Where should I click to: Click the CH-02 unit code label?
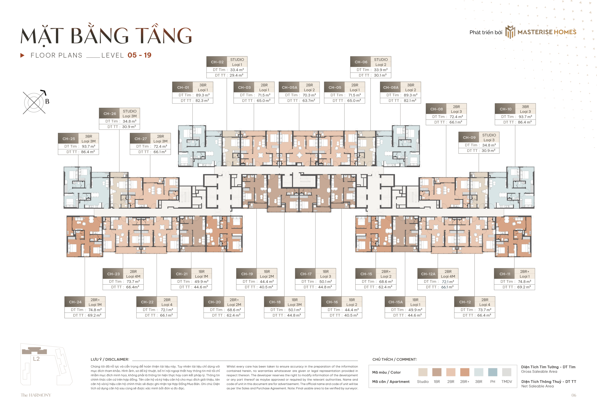[x=217, y=62]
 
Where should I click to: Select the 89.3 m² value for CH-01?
[x=203, y=95]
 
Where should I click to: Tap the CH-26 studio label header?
[x=110, y=114]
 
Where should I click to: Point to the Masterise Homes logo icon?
[x=510, y=32]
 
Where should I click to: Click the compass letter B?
[x=47, y=102]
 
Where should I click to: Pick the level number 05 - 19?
[x=139, y=55]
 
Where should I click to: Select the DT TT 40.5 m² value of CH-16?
[x=351, y=315]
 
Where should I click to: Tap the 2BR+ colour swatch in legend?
[x=465, y=372]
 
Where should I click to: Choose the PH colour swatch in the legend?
[x=493, y=372]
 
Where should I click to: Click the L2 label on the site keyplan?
[x=36, y=359]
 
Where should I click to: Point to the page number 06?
[x=573, y=395]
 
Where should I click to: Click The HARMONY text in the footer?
[x=36, y=395]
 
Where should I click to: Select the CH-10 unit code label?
[x=505, y=109]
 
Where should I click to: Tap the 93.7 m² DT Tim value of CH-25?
[x=88, y=146]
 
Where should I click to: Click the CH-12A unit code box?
[x=428, y=274]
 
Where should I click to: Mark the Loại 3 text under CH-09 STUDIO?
[x=489, y=140]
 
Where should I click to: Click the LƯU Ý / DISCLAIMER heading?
[x=110, y=359]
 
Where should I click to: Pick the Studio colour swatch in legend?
[x=423, y=372]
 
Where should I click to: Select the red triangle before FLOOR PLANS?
[x=22, y=55]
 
